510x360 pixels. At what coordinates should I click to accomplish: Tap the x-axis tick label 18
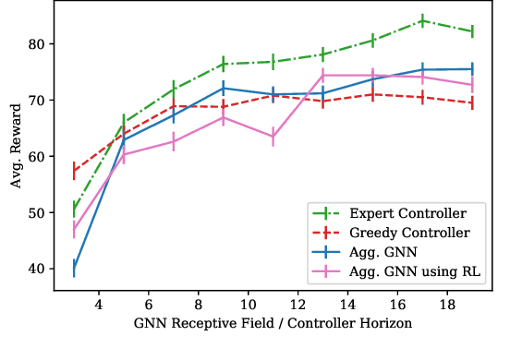pos(447,306)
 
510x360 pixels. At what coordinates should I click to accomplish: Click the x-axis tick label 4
pos(99,306)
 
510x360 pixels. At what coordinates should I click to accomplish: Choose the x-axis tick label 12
pos(297,306)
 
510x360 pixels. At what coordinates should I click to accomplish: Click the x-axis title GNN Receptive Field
pos(272,325)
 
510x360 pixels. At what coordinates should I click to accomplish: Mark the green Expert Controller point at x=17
pos(422,20)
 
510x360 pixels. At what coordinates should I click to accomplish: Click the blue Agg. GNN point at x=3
pos(74,269)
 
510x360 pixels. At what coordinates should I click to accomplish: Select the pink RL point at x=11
pos(273,138)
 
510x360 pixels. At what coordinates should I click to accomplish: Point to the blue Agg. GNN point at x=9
pos(223,89)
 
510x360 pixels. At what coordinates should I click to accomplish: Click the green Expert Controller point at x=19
pos(472,31)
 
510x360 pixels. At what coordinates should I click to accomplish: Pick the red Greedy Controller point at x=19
pos(472,102)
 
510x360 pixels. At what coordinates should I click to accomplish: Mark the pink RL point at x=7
pos(173,141)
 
